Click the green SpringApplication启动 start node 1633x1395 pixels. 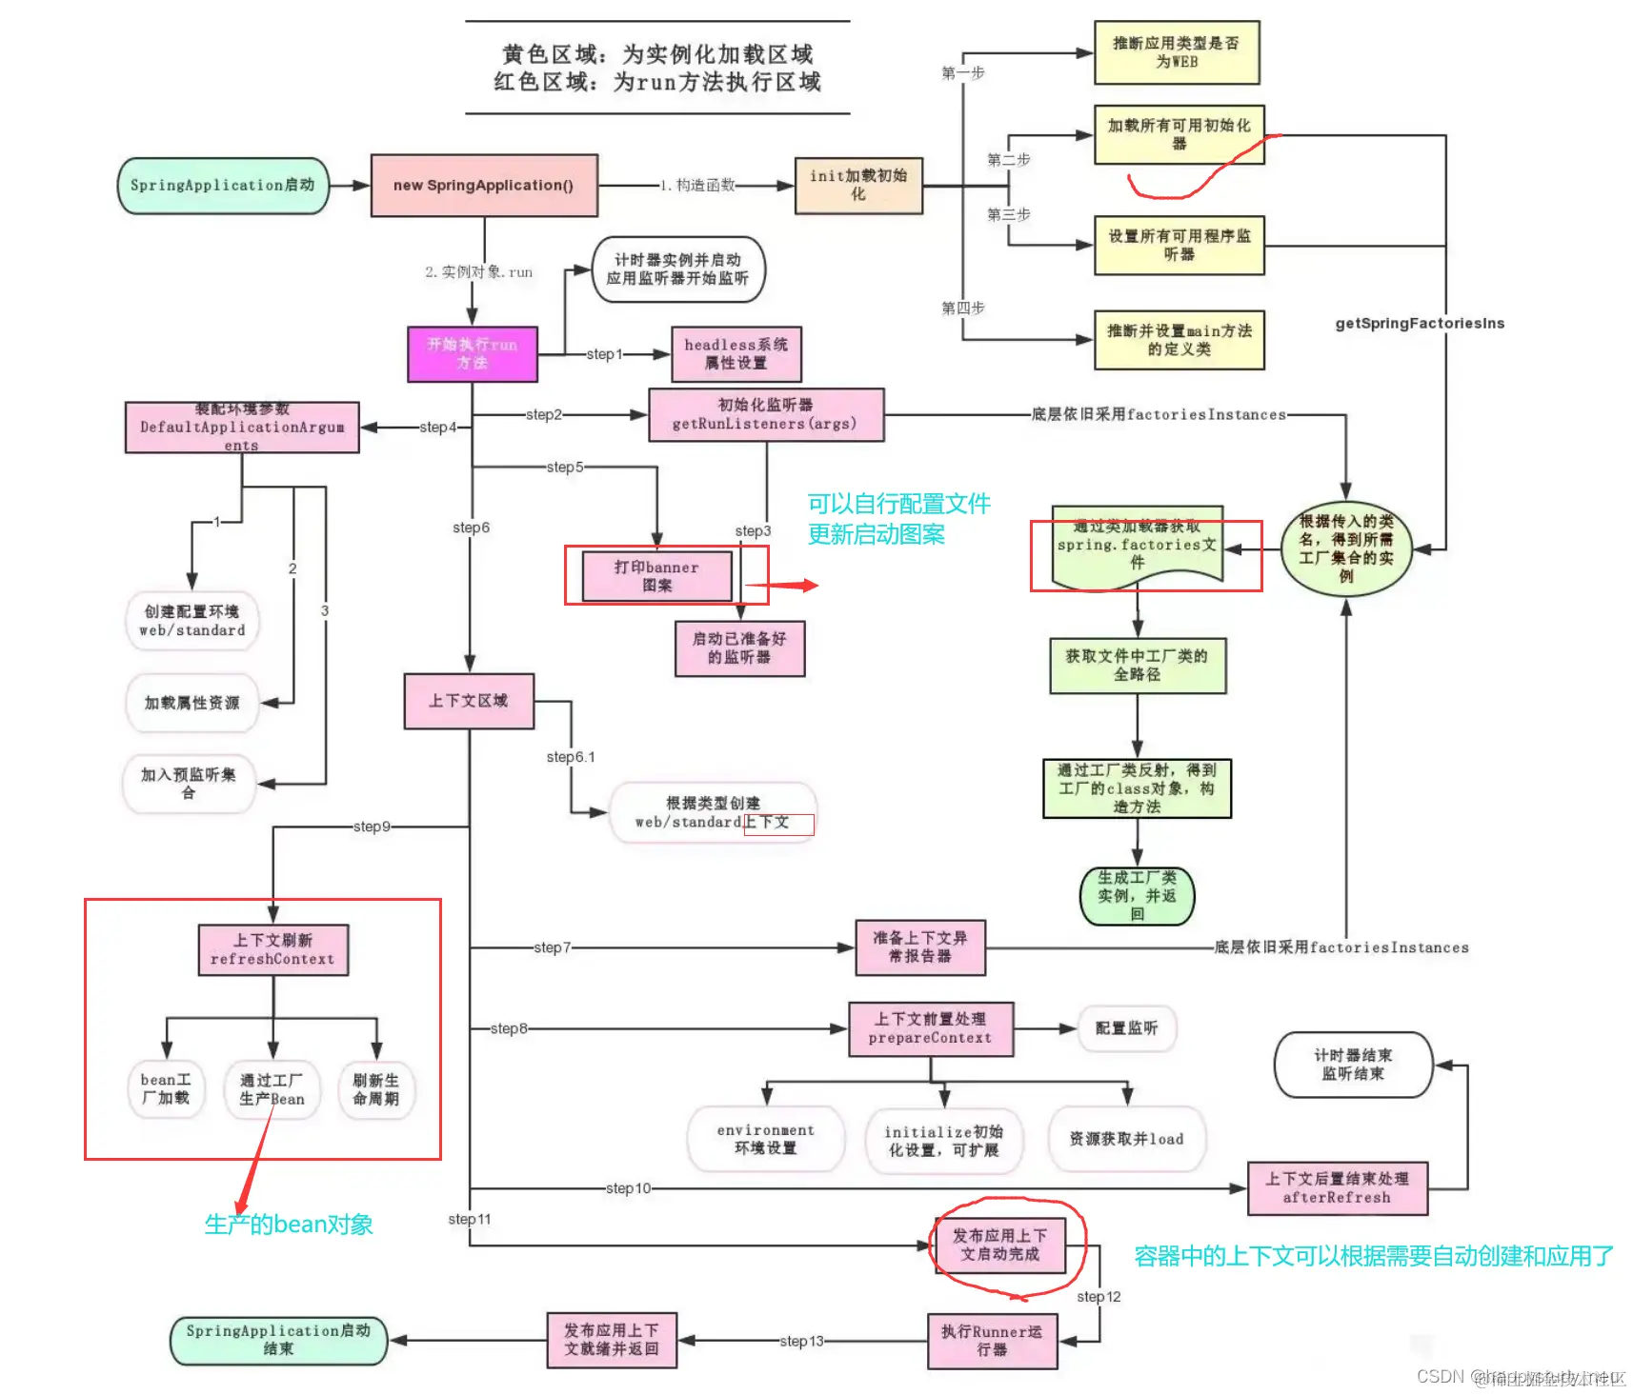(x=222, y=185)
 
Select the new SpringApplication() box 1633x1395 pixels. (x=484, y=185)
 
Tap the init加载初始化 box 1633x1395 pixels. (x=858, y=185)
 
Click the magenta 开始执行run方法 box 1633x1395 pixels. (x=472, y=353)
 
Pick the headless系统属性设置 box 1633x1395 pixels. (x=736, y=353)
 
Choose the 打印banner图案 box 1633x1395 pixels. (x=656, y=576)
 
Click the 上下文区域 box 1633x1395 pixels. (x=468, y=701)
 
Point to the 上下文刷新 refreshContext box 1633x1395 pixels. (x=272, y=949)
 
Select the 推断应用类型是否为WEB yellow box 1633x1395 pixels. (x=1177, y=52)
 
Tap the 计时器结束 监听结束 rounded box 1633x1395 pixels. (x=1353, y=1065)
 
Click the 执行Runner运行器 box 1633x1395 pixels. (x=992, y=1341)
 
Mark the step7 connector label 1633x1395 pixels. (x=553, y=947)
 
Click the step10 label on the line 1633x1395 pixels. (x=628, y=1188)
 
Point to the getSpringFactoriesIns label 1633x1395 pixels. (x=1420, y=324)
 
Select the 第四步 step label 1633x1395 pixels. (x=962, y=308)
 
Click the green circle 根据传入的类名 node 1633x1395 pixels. (x=1345, y=548)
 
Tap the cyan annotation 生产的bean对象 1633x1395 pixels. (x=289, y=1225)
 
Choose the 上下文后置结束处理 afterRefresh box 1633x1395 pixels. (x=1337, y=1187)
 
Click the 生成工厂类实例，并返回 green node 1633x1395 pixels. (x=1137, y=896)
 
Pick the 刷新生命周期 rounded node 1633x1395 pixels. (x=376, y=1089)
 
